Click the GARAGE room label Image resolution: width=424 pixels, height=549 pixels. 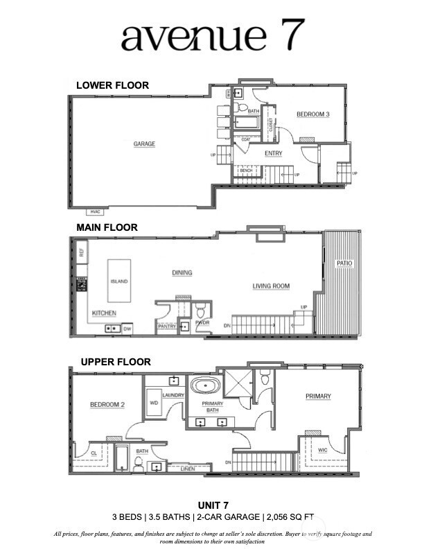point(144,144)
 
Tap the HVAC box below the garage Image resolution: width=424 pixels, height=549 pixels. point(95,211)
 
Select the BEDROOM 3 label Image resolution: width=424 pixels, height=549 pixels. point(313,114)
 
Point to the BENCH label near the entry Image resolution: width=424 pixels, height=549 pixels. point(245,170)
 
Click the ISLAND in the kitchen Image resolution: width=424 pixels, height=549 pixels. point(120,282)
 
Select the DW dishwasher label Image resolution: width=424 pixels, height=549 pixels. point(127,329)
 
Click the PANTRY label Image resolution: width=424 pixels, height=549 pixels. point(167,326)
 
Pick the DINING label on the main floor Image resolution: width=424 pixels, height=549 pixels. point(182,273)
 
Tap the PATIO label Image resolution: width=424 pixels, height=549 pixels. point(344,264)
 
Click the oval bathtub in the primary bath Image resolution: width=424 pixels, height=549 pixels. point(206,386)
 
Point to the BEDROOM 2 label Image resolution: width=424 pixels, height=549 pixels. point(107,405)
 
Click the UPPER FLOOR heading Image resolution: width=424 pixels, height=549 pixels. point(116,362)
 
